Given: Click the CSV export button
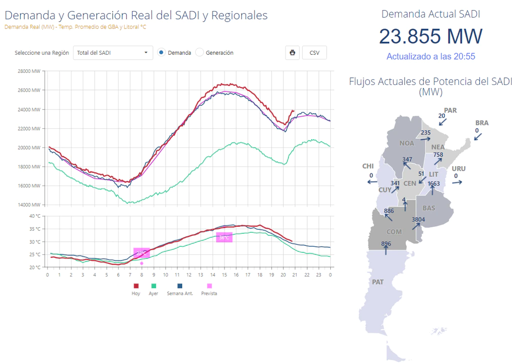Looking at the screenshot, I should pyautogui.click(x=314, y=52).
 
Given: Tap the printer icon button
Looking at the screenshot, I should pyautogui.click(x=292, y=52).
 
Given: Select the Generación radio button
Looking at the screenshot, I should pyautogui.click(x=200, y=52).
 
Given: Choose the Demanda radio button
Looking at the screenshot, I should pyautogui.click(x=161, y=52).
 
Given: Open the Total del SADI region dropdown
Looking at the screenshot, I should pyautogui.click(x=113, y=52).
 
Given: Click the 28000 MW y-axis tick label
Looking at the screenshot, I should pyautogui.click(x=29, y=71).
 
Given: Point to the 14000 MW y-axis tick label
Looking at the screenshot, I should pyautogui.click(x=29, y=205).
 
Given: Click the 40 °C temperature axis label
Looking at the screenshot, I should pyautogui.click(x=34, y=216).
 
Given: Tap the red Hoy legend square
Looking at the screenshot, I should pyautogui.click(x=136, y=286).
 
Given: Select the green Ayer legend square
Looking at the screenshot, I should pyautogui.click(x=153, y=286).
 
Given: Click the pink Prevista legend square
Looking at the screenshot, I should pyautogui.click(x=209, y=286).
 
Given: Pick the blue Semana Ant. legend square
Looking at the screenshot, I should pyautogui.click(x=180, y=286).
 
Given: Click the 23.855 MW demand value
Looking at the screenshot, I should pyautogui.click(x=430, y=36).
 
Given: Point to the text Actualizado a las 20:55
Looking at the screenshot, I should pyautogui.click(x=430, y=57).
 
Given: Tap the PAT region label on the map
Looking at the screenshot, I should pyautogui.click(x=378, y=282).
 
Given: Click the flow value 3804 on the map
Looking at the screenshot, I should pyautogui.click(x=418, y=220).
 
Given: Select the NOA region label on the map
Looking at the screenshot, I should pyautogui.click(x=407, y=143).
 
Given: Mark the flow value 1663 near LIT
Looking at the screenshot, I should pyautogui.click(x=433, y=184).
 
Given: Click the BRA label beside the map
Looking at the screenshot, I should pyautogui.click(x=482, y=123).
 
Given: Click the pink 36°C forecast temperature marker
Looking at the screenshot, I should pyautogui.click(x=224, y=237).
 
